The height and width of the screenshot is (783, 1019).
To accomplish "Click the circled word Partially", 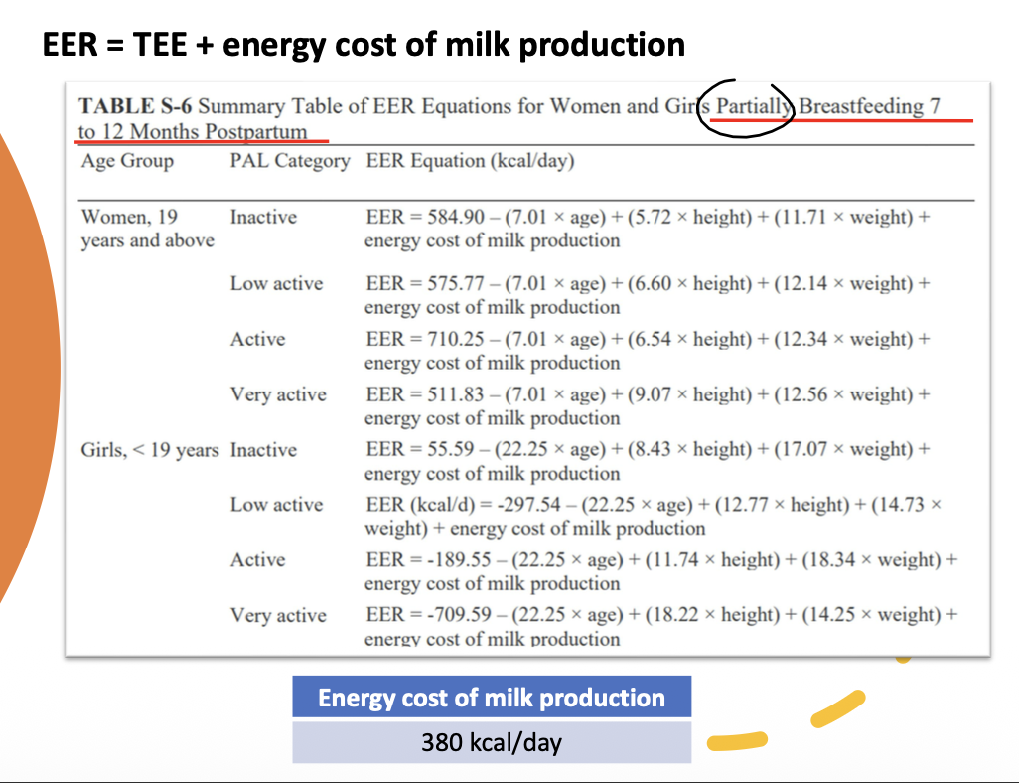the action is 753,106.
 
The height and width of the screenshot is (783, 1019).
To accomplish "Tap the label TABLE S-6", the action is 135,106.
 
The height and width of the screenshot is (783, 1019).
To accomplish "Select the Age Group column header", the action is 127,161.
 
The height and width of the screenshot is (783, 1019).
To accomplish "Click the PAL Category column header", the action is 290,161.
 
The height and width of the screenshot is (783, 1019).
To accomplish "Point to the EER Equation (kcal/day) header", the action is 470,161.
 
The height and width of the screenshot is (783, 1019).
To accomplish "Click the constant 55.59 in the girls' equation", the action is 450,449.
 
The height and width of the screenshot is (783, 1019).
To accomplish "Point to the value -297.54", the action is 528,505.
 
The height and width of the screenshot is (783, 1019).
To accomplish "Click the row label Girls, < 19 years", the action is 149,450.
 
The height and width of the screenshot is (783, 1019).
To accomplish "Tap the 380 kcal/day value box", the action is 492,742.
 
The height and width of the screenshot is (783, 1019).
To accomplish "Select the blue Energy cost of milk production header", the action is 492,698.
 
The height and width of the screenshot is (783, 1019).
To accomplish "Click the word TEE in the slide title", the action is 160,45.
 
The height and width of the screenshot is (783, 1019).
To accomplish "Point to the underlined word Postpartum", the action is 256,131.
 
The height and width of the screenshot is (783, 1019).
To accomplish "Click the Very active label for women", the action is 278,394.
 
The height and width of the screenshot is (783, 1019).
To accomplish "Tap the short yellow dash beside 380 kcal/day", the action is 737,740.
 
